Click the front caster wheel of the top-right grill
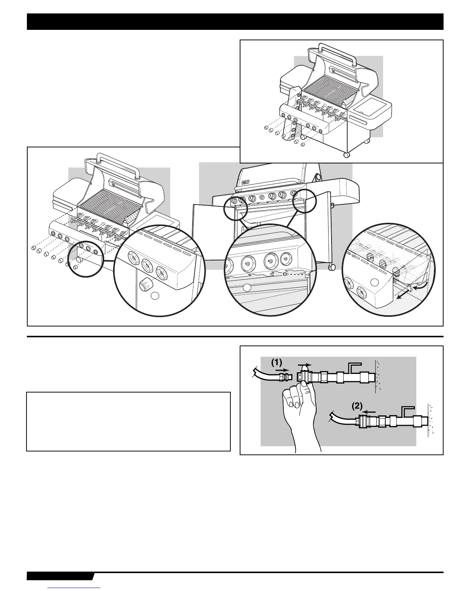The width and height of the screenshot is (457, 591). click(x=346, y=154)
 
